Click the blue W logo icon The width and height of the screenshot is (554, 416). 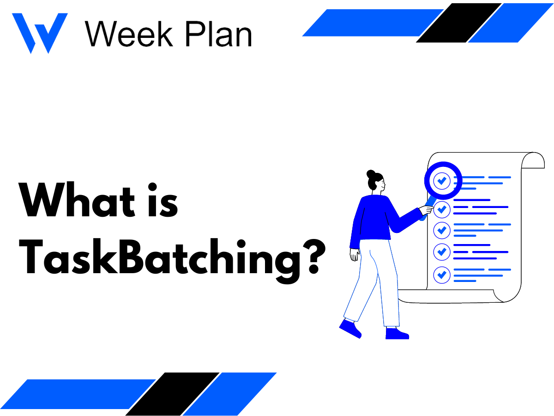(39, 32)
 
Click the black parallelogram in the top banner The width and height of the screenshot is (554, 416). (458, 23)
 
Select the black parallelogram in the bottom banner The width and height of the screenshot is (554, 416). (172, 393)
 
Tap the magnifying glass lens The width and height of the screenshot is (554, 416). (442, 180)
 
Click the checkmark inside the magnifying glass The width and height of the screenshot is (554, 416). (442, 181)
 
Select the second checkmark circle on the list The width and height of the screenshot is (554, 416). (442, 209)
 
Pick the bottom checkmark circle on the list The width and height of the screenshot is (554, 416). (442, 274)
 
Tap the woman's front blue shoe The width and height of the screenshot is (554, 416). (396, 333)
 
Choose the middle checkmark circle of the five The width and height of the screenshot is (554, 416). (442, 230)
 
